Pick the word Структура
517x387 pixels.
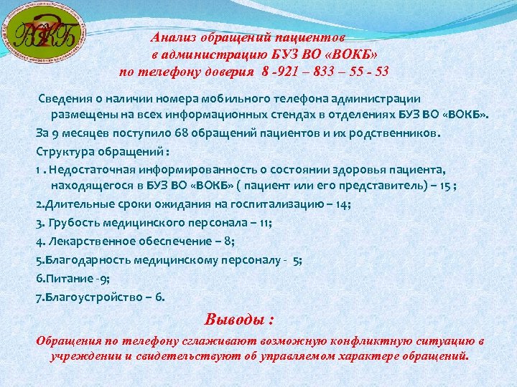click(63, 151)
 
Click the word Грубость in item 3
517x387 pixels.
click(76, 223)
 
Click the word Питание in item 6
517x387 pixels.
click(67, 278)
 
